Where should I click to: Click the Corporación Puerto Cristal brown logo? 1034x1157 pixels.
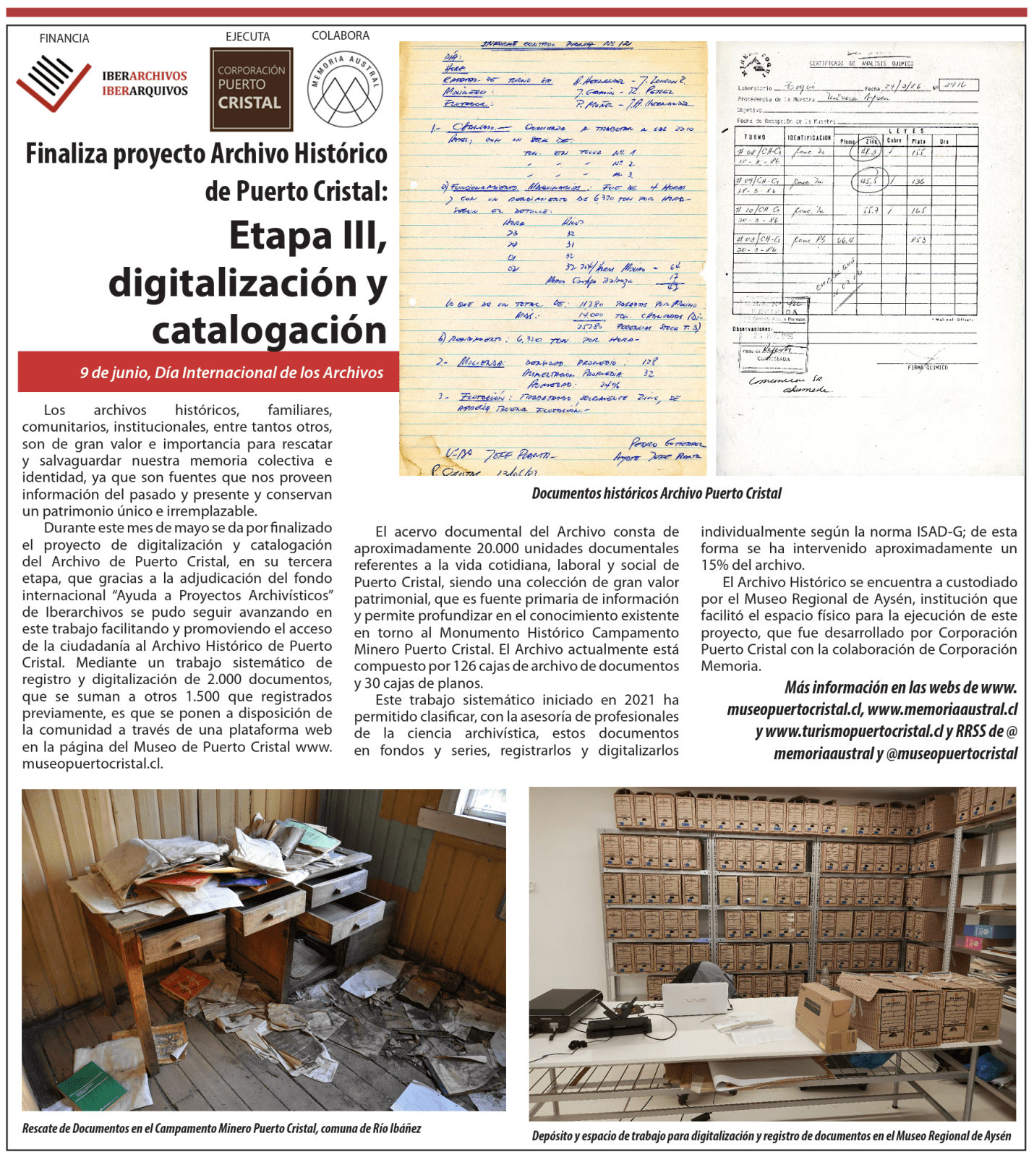251,89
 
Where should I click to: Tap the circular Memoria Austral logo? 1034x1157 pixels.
345,90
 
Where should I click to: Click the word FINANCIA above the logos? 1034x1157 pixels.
64,38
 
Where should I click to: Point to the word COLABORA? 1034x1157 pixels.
341,35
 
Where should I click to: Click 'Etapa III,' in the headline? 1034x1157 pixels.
308,236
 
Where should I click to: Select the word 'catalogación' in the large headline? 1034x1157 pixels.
269,330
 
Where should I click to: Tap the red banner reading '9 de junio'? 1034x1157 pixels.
231,372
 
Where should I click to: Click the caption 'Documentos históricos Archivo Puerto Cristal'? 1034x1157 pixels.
656,493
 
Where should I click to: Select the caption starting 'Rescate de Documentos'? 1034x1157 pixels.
221,1128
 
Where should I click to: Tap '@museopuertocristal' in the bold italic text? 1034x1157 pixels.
952,753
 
